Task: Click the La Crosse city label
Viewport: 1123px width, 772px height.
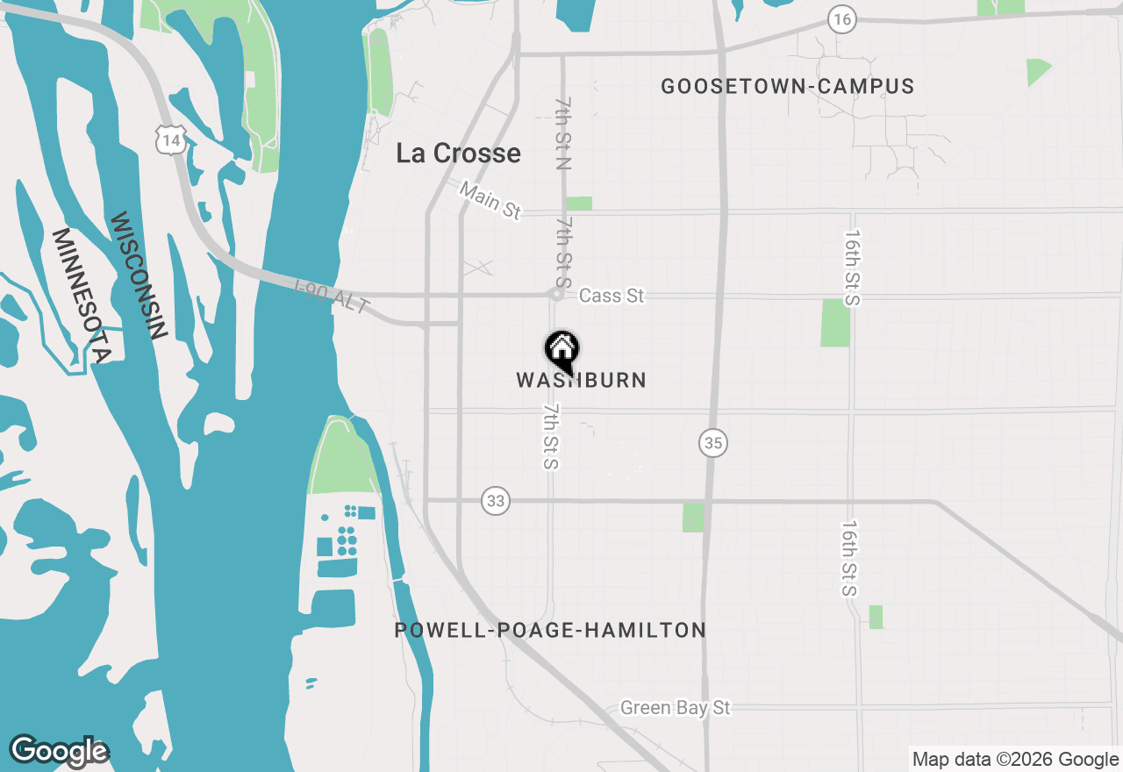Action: (458, 154)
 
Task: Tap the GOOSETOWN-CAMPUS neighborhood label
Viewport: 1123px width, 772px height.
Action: (787, 86)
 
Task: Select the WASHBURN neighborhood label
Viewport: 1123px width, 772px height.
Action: (582, 381)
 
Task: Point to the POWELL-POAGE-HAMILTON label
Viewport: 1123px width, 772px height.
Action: (550, 630)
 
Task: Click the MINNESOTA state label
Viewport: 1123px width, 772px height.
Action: (80, 296)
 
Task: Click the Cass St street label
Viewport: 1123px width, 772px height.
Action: (612, 297)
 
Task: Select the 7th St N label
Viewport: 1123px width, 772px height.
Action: (563, 132)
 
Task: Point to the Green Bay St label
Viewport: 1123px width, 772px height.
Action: (675, 708)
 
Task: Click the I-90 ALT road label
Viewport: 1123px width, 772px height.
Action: (333, 297)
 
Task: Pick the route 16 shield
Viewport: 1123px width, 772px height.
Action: (842, 19)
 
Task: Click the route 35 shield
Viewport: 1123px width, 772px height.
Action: (713, 444)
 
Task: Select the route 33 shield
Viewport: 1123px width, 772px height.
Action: (496, 501)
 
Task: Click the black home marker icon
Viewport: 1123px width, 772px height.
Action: (561, 350)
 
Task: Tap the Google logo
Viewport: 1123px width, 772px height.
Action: (59, 750)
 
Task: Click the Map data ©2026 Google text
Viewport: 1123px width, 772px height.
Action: (1015, 760)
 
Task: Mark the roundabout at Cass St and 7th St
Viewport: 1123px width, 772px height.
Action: (554, 296)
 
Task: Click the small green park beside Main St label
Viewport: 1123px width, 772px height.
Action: (578, 204)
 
